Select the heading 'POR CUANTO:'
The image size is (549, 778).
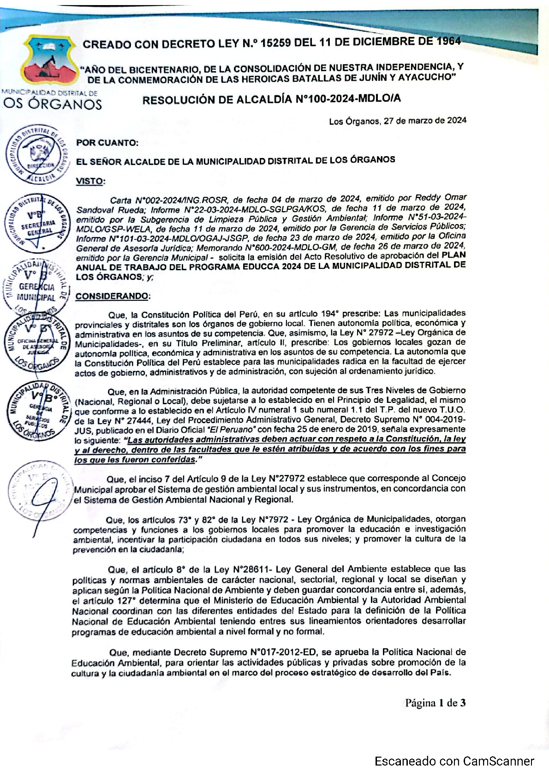click(107, 143)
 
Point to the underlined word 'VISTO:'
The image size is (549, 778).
click(90, 181)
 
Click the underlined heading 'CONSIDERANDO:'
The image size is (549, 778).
click(113, 296)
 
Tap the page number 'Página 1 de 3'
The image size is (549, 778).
click(435, 703)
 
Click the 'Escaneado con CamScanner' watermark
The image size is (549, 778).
click(454, 761)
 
